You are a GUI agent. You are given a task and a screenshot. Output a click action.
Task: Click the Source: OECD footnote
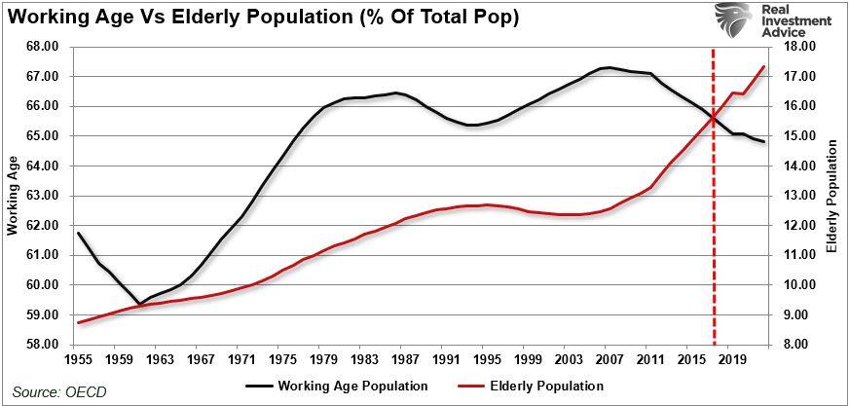tap(59, 391)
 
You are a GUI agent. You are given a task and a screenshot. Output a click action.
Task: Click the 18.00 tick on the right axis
tap(796, 47)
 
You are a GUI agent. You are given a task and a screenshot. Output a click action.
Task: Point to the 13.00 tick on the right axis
tap(796, 196)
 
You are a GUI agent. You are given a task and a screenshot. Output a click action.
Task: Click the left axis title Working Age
tap(13, 196)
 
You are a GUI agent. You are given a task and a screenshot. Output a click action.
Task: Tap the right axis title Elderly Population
tap(832, 196)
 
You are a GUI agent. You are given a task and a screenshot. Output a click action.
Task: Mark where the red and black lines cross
tap(715, 118)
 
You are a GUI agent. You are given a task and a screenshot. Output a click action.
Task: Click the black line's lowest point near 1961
tap(139, 304)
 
